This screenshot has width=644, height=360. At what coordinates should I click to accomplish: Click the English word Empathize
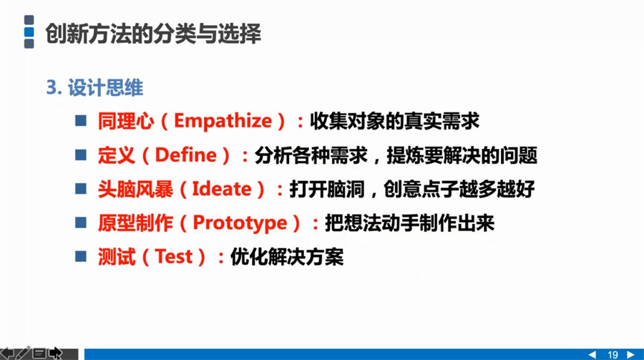223,121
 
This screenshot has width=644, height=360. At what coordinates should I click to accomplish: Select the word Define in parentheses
185,155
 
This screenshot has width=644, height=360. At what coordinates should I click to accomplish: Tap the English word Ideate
222,189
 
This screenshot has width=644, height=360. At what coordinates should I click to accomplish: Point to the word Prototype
240,223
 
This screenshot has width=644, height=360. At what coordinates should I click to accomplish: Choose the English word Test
174,257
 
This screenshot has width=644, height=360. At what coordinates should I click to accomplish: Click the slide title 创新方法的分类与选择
153,33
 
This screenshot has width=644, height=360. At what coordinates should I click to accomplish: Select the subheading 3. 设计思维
94,87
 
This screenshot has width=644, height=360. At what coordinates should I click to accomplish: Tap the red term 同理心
126,121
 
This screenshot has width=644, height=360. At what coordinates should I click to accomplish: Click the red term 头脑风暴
135,189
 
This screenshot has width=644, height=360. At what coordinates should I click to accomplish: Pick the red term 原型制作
135,223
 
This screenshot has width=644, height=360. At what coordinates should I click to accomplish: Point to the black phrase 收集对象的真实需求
394,121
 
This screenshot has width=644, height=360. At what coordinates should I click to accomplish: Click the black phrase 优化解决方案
287,257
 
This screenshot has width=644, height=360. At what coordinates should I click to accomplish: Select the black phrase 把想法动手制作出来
409,223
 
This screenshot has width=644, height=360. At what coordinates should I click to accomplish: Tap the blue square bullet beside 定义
81,155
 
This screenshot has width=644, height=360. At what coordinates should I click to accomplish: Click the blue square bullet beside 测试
81,256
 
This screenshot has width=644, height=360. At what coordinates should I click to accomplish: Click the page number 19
613,355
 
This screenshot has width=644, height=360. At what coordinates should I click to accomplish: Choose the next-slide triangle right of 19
631,355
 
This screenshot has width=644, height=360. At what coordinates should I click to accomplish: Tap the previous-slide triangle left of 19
592,355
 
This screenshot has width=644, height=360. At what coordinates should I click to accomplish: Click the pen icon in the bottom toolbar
23,353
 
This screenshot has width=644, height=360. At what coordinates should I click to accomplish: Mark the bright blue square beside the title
29,31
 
